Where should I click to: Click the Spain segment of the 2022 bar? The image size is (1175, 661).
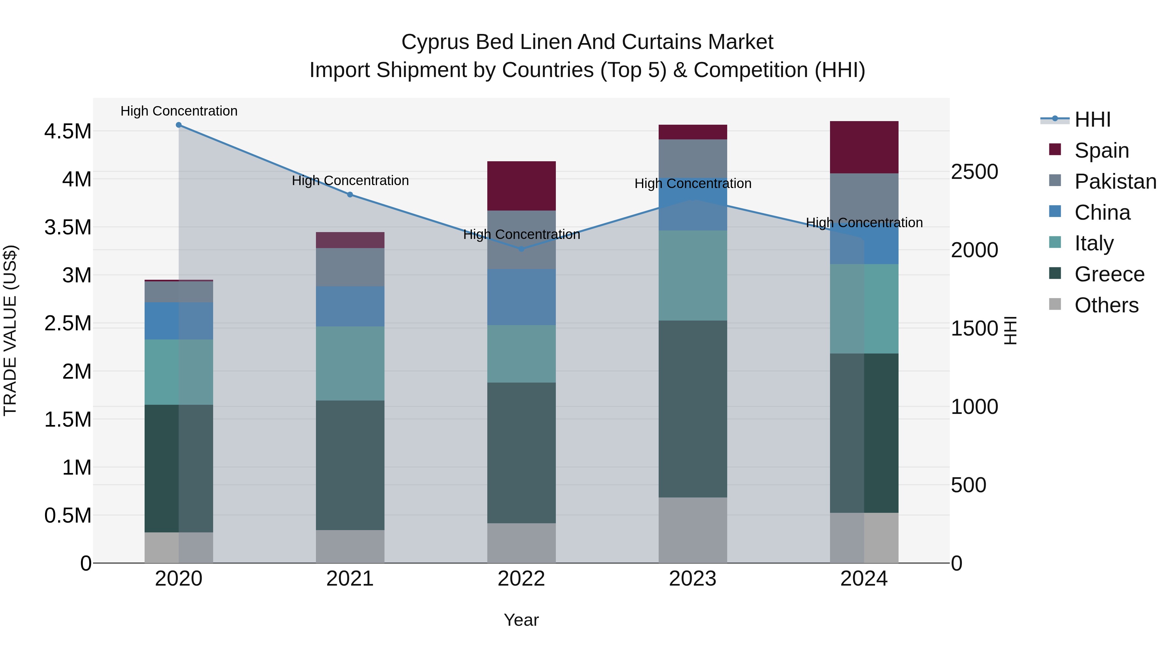(x=521, y=186)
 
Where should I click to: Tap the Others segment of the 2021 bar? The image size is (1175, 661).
(x=350, y=546)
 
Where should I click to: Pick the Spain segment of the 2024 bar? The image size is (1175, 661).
(x=864, y=147)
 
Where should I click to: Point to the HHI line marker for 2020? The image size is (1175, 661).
(x=179, y=125)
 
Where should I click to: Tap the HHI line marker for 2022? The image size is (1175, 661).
(x=521, y=249)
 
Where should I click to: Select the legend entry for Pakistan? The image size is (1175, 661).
(x=1115, y=181)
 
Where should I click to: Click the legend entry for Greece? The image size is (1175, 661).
(x=1109, y=274)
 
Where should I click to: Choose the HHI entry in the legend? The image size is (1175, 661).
(x=1092, y=119)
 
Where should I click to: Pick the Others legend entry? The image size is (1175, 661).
(x=1106, y=305)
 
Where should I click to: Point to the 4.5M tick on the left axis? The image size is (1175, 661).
(x=68, y=131)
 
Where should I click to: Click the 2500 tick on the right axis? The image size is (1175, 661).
(x=974, y=172)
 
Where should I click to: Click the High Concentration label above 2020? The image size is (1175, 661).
(x=179, y=111)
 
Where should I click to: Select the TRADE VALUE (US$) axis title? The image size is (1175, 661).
(x=10, y=330)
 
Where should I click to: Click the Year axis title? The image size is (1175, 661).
(x=521, y=620)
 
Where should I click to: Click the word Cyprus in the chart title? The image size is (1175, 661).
(x=435, y=42)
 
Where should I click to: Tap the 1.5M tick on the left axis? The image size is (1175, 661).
(x=68, y=419)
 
